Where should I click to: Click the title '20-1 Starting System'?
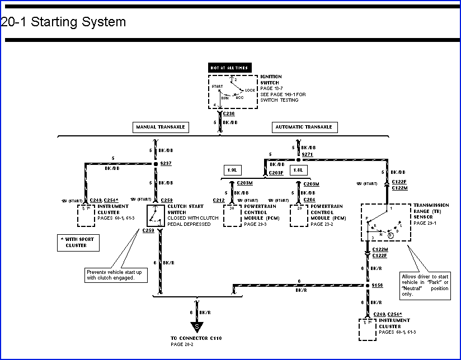point(63,22)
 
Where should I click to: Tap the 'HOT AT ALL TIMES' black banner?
point(229,68)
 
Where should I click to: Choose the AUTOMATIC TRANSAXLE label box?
point(304,127)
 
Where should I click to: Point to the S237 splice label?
point(166,164)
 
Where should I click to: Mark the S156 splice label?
point(378,285)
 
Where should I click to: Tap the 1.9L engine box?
point(232,169)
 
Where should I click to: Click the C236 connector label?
point(229,113)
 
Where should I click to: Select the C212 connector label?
point(219,200)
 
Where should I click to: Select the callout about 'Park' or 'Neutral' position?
point(425,285)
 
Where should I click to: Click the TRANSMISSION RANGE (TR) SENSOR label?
point(431,211)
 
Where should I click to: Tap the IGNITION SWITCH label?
point(271,79)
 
